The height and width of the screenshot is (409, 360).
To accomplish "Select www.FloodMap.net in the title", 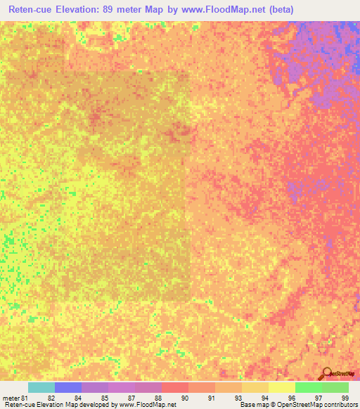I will pos(215,10).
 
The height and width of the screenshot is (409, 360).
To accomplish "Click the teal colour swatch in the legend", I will pos(41,387).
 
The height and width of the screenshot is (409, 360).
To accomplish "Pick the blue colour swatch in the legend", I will pos(68,387).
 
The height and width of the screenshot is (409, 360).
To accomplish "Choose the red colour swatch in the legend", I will pos(175,387).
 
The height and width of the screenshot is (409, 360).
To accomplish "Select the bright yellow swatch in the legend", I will pos(282,387).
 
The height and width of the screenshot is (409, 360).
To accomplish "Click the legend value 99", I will pos(344,398).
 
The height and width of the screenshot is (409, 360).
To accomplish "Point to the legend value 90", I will pos(184,398).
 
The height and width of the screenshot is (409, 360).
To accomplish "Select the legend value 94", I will pos(264,398).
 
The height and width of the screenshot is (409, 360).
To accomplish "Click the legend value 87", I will pos(131,398).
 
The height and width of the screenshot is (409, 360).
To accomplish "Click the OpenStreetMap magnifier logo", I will pos(327,374).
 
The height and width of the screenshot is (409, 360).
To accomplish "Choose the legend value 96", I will pos(291,398).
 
